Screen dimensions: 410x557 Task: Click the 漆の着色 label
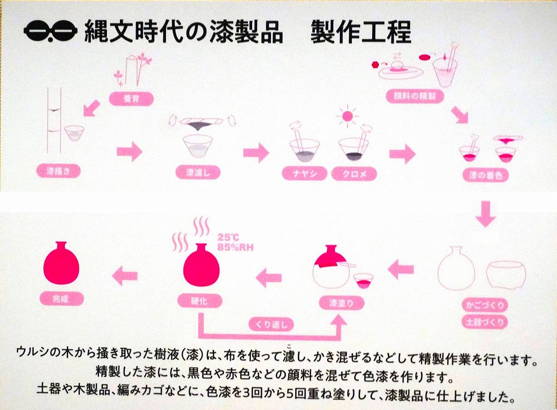(482, 175)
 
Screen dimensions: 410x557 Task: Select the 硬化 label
(200, 301)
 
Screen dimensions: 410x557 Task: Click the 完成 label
(61, 299)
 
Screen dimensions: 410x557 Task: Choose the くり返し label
(271, 324)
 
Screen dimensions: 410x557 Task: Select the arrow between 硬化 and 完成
(125, 275)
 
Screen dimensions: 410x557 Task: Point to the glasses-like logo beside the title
(50, 32)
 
